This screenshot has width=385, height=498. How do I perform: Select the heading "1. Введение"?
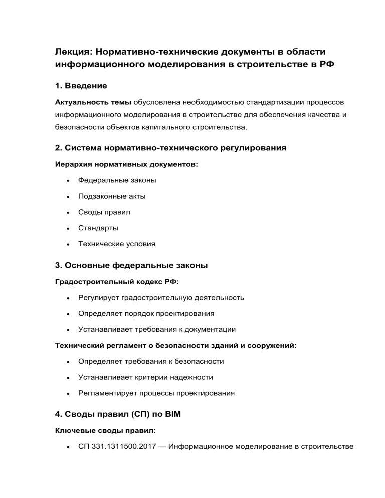coord(81,86)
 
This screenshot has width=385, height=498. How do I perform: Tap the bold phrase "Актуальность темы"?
coord(93,101)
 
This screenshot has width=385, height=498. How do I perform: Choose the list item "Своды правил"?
coord(104,212)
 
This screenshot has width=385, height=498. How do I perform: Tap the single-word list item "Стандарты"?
coord(98,228)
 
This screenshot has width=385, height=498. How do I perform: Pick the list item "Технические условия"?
coord(116,244)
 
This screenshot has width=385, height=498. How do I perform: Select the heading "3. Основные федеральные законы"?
coord(131,266)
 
